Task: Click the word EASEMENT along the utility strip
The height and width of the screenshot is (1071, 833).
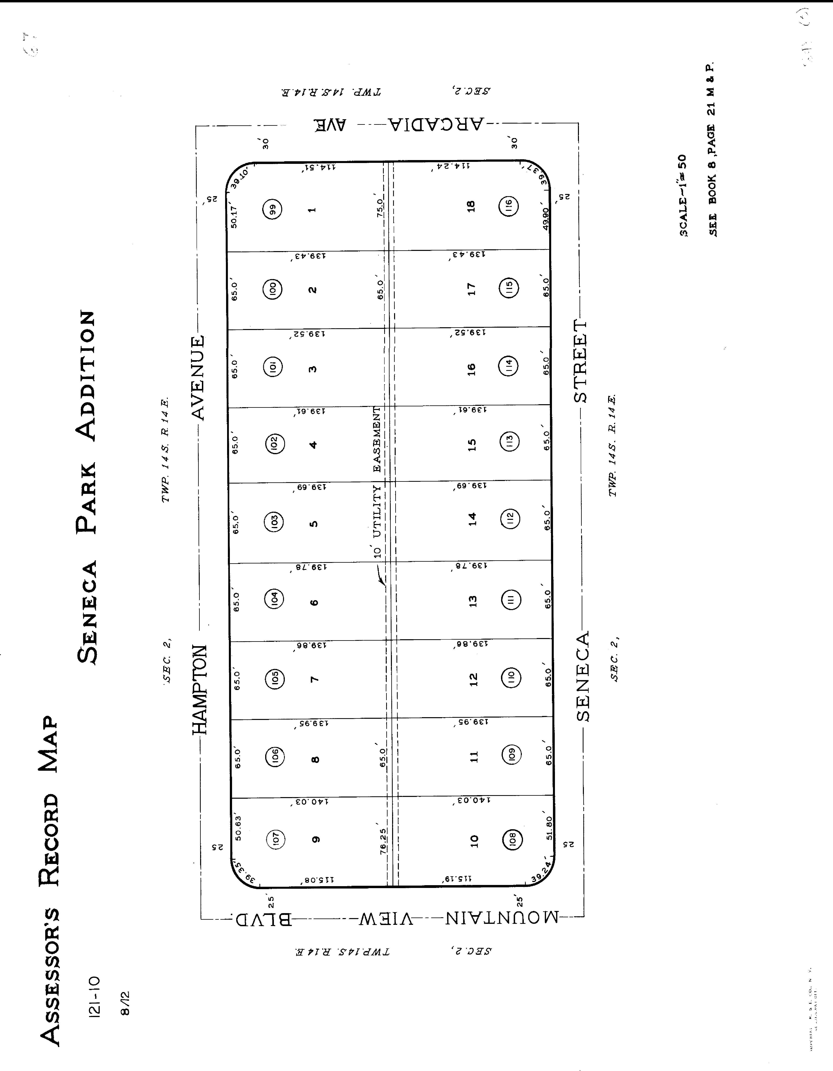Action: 377,439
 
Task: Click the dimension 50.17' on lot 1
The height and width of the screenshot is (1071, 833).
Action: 234,217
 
